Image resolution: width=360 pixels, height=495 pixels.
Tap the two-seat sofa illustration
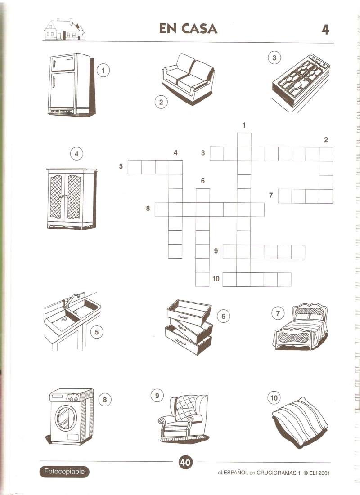pos(188,79)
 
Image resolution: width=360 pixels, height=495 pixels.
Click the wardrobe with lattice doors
pos(72,199)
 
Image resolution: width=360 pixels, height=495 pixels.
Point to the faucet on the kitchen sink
pos(70,300)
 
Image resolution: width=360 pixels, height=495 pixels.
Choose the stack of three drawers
pos(189,327)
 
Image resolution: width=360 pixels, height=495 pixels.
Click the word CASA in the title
pos(199,29)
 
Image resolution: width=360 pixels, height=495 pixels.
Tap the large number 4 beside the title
pos(325,30)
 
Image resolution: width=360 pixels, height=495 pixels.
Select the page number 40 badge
pos(185,463)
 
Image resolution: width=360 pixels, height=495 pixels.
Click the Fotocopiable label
pos(64,472)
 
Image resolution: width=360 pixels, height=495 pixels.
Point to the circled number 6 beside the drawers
pos(224,316)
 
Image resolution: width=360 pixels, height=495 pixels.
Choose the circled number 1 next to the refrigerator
pos(103,70)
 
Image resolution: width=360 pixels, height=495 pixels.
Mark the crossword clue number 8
pos(148,209)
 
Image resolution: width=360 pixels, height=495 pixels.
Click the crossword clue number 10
pos(216,279)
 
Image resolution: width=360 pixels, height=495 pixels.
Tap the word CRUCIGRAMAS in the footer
pos(277,473)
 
